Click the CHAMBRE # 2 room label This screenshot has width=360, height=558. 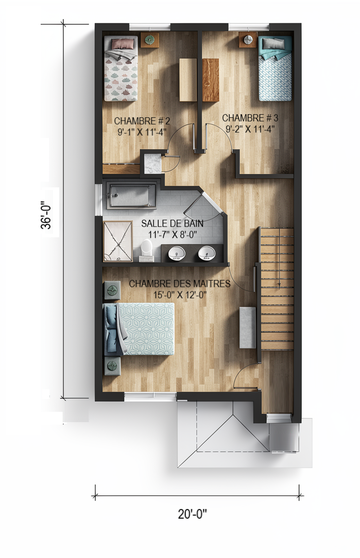coord(142,121)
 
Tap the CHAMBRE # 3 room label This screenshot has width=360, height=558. coord(250,118)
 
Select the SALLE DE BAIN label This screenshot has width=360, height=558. coord(173,223)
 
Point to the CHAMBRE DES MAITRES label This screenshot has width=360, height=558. coord(179,284)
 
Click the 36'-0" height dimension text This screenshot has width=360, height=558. coord(46,214)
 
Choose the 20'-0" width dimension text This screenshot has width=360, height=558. coord(192,514)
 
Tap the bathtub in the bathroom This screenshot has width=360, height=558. coord(132,195)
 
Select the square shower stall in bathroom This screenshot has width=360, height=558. coord(118,241)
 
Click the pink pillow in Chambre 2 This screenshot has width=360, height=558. coord(123,44)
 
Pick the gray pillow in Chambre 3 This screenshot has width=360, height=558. coord(273,43)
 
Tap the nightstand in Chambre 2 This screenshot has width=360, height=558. coord(149,40)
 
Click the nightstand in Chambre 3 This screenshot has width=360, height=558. coord(248,40)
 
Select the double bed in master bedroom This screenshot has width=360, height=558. coord(139,329)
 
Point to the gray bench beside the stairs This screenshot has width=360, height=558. coord(248,327)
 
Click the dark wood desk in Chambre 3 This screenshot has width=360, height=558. coord(211,80)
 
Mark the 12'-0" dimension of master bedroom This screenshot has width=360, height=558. coord(195,295)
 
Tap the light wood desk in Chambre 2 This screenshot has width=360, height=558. coord(188,80)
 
